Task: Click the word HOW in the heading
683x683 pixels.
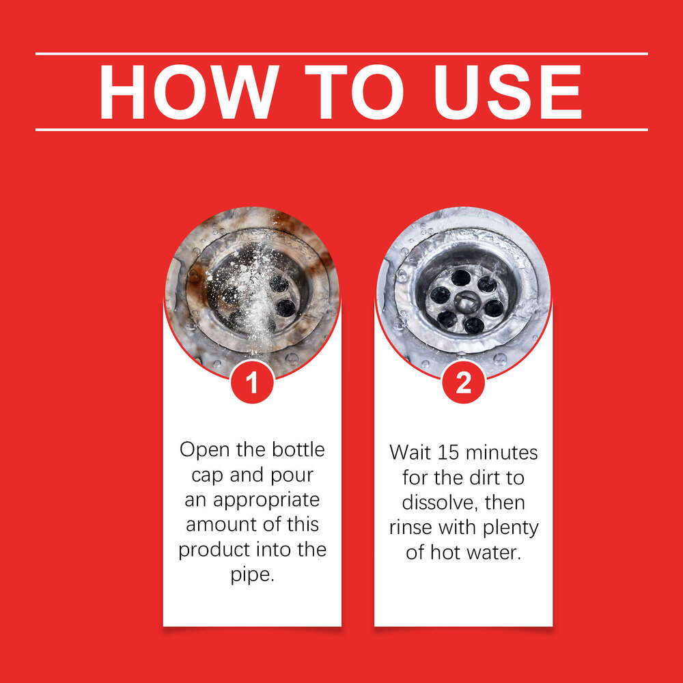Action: [189, 92]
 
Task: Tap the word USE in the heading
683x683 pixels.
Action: [508, 92]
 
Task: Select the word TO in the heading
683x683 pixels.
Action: [354, 92]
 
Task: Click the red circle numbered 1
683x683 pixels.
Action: [252, 382]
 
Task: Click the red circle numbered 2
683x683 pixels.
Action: [463, 382]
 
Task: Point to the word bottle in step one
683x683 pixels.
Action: [298, 449]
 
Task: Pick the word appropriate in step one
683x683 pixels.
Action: [266, 501]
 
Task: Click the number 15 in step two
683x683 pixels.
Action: [448, 453]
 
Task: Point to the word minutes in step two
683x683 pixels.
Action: [501, 453]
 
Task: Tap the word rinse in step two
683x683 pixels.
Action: [411, 527]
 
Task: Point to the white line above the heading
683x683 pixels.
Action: [341, 54]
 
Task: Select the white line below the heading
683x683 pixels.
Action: [341, 129]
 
